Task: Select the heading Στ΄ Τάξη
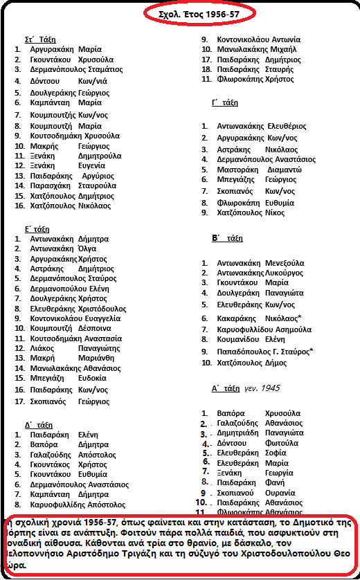40,39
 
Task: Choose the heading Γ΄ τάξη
225,102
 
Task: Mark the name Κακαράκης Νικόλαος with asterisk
258,318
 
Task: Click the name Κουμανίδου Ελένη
251,340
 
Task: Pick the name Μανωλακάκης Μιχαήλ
258,50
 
